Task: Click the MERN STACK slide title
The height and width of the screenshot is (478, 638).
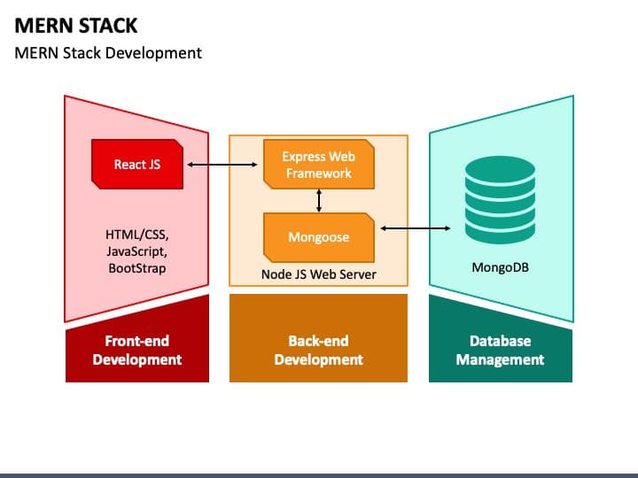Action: coord(76,24)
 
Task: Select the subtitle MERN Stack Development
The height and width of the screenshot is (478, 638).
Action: coord(108,52)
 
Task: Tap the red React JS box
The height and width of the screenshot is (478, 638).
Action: coord(137,165)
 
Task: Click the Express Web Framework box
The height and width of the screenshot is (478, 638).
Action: coord(318,165)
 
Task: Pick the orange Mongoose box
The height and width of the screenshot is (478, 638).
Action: coord(318,237)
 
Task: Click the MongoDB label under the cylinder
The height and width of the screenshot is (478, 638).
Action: coord(501,266)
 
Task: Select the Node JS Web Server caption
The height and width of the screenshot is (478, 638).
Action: coord(318,274)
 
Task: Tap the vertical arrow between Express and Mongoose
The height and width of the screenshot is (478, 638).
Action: coord(319,201)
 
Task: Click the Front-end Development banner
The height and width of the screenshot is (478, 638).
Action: coord(137,350)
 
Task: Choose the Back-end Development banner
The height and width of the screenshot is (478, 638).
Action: coord(318,350)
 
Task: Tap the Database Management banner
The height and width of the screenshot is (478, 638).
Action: coord(501,350)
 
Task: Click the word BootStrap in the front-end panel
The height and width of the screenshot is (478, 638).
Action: coord(137,267)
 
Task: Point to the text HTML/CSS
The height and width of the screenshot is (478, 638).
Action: coord(137,235)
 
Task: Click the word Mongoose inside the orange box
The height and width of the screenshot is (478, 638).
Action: coord(318,237)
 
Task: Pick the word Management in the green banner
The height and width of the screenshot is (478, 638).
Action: coord(501,359)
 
